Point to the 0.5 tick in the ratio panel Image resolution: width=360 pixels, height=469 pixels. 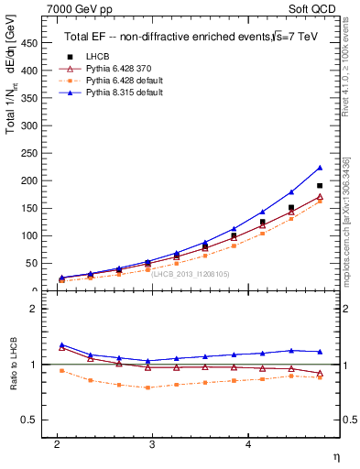coord(33,420)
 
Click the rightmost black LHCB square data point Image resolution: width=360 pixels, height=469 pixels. coord(320,186)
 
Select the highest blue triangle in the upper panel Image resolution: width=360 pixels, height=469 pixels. coord(320,168)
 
